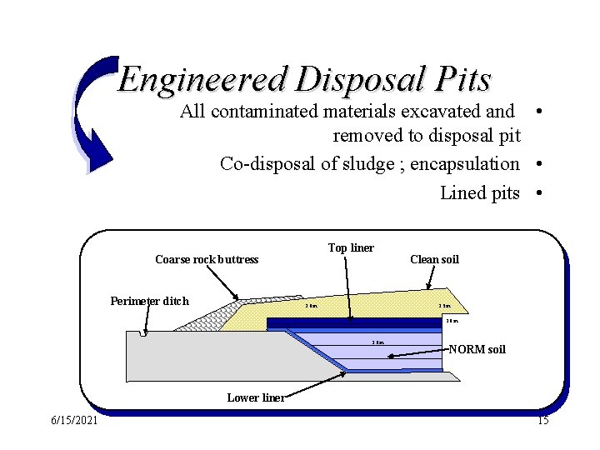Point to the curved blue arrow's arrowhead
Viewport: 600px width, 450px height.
98,158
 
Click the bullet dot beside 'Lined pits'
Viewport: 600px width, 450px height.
541,193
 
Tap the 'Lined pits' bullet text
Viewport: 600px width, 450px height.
479,193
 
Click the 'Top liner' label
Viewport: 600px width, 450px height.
351,248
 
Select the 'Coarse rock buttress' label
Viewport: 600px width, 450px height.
207,260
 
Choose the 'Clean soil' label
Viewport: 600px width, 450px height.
434,260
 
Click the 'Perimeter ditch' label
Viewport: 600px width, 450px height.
149,302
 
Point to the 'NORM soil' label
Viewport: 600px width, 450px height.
477,349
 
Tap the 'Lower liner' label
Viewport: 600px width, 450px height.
256,397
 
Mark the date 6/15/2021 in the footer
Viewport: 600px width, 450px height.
73,421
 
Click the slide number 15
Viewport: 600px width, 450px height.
542,421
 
